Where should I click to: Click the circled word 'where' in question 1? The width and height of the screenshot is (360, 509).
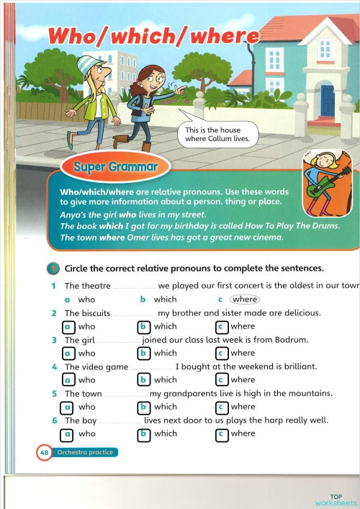tap(245, 299)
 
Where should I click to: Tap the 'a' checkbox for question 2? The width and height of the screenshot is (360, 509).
tap(68, 326)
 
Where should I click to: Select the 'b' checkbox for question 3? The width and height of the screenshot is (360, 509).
tap(145, 353)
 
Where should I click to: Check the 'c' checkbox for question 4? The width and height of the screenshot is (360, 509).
tap(222, 379)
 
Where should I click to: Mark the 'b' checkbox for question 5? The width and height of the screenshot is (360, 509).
tap(145, 407)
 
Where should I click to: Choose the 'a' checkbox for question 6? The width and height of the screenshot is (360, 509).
tap(68, 433)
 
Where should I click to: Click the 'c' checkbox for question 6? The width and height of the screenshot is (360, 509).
tap(222, 433)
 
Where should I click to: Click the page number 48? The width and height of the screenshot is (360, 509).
tap(43, 453)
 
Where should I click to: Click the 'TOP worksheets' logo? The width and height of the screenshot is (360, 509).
tap(335, 500)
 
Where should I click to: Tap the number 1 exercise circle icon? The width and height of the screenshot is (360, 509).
tap(53, 269)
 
